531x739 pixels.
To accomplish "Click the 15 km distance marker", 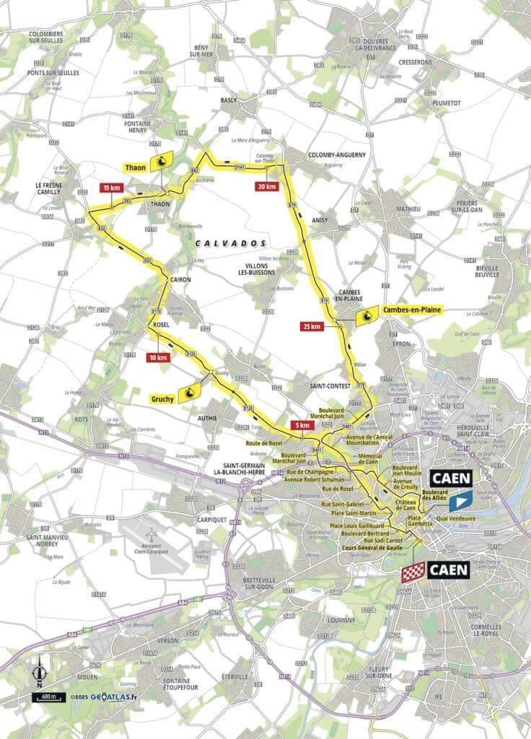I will click(110, 188).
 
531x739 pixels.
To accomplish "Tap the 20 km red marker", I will click(266, 185).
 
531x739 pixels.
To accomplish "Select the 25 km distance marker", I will click(312, 326).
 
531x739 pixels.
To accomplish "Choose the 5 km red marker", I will click(304, 425).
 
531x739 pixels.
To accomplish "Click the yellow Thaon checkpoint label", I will click(135, 167).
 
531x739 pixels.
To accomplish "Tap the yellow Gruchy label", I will click(164, 398).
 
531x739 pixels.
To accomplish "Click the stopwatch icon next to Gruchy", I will click(192, 393).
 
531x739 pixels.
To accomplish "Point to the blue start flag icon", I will click(460, 499).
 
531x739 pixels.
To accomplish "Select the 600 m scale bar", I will click(48, 697).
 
